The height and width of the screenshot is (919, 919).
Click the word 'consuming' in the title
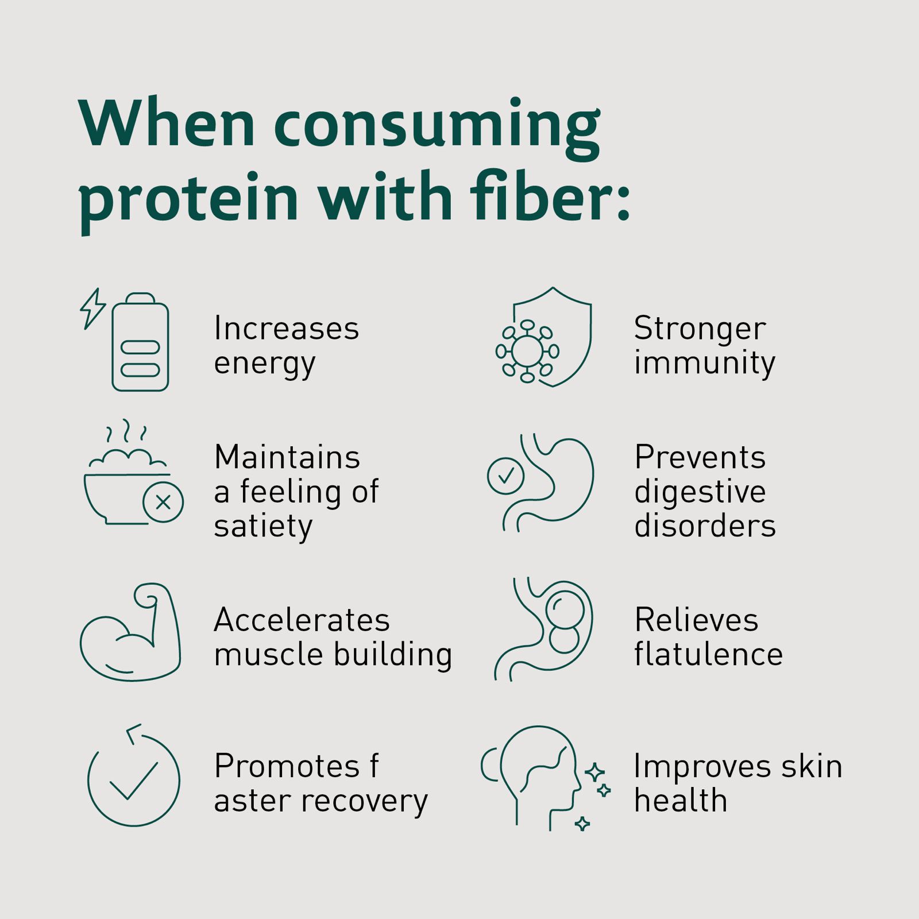click(x=437, y=128)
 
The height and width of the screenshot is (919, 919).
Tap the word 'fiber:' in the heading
click(x=550, y=195)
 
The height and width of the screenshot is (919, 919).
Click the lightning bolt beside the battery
click(x=92, y=308)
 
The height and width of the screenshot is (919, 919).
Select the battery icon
click(x=140, y=342)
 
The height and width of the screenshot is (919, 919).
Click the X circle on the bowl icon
click(x=163, y=503)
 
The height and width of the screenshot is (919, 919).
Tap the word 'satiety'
click(x=264, y=526)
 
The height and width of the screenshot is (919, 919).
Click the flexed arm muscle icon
click(x=130, y=632)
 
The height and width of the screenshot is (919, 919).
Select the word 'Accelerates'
click(x=302, y=620)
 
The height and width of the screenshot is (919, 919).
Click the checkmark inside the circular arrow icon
click(x=133, y=781)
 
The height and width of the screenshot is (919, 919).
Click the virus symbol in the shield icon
click(x=527, y=351)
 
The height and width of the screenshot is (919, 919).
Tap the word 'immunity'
click(x=705, y=363)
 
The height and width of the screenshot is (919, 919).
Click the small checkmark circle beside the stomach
click(x=505, y=476)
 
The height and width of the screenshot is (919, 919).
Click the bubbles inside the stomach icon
click(x=565, y=622)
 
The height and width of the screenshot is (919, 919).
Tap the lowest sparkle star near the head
click(x=582, y=824)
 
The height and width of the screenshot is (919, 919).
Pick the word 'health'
click(x=681, y=800)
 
